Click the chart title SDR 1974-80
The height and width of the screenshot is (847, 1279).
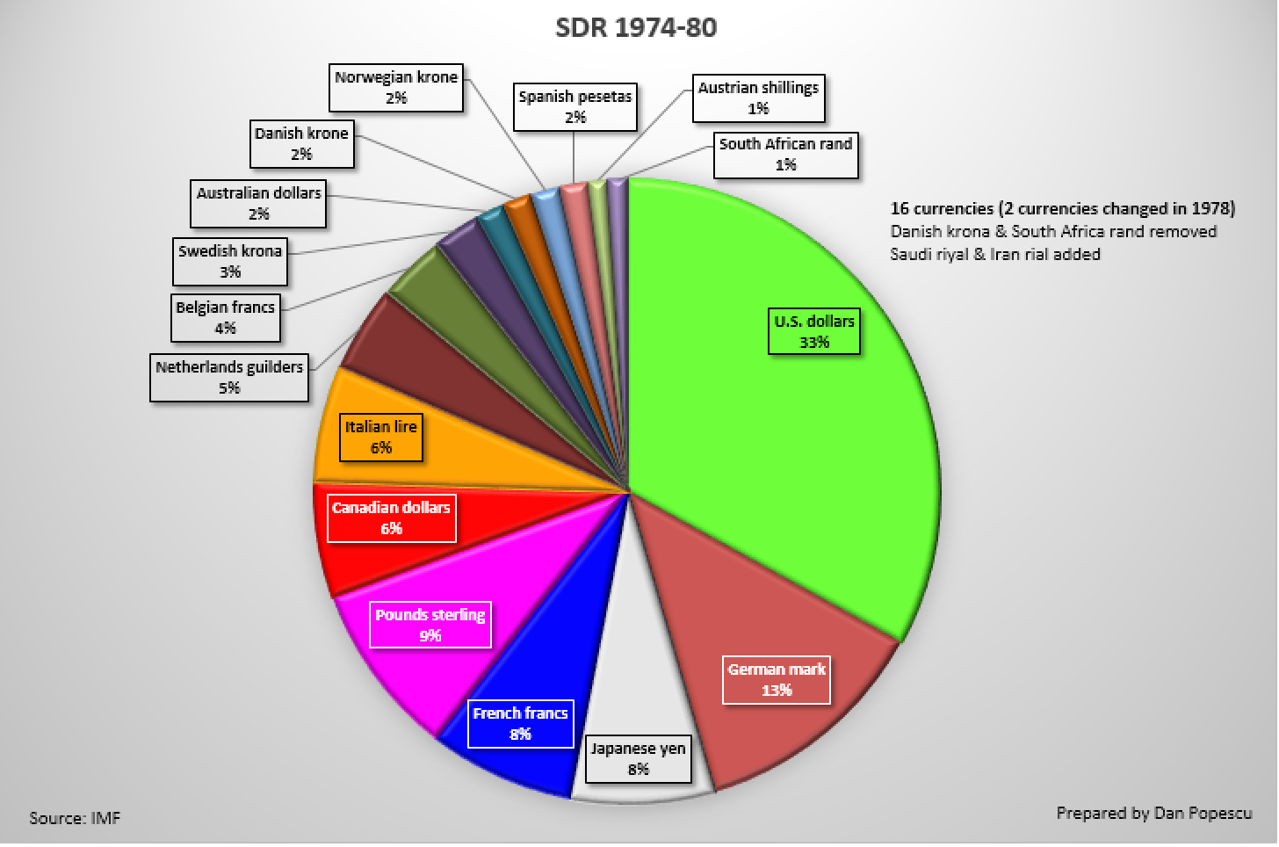[636, 27]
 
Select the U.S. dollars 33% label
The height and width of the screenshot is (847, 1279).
[814, 331]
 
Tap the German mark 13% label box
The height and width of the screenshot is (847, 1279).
[777, 679]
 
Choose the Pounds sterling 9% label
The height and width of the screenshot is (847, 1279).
[430, 625]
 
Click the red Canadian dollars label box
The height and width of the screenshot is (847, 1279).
[391, 518]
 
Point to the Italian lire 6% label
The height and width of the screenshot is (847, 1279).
[380, 437]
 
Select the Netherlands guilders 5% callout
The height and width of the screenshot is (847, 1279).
[229, 377]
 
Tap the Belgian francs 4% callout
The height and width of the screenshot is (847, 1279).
[226, 317]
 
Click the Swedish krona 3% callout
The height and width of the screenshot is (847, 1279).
[230, 261]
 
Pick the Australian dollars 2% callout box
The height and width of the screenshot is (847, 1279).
[259, 203]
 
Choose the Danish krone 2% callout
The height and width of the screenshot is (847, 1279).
[301, 143]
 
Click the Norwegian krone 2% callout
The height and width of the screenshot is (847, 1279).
[396, 87]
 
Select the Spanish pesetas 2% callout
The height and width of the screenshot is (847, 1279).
[575, 106]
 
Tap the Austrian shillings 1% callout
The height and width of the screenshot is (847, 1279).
[758, 98]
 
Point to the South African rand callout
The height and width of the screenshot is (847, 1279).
[785, 154]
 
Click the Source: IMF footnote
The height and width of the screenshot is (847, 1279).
[75, 818]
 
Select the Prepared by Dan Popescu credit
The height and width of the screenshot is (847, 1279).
[1154, 813]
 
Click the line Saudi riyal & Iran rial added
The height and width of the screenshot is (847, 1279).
[995, 254]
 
